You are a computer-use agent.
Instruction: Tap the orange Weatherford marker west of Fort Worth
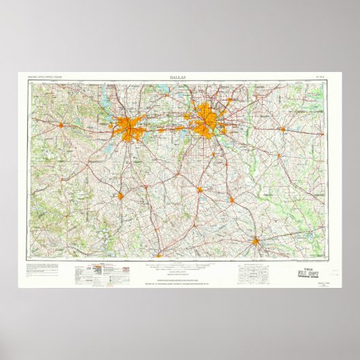[60, 125]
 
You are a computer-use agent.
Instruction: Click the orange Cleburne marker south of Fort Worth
[120, 196]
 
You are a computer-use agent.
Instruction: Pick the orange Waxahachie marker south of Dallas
[200, 190]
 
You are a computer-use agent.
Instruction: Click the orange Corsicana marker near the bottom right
[255, 241]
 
